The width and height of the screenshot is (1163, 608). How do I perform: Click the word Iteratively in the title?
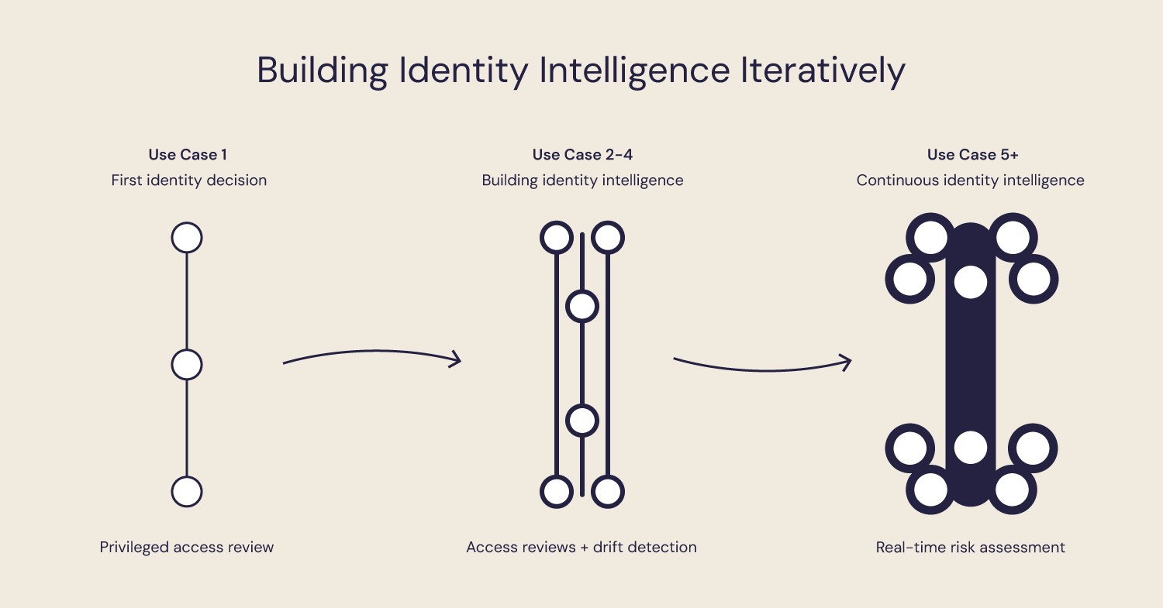click(823, 70)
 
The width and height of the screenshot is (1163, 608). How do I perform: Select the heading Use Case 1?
click(188, 155)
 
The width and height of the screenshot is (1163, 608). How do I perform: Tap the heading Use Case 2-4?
click(582, 155)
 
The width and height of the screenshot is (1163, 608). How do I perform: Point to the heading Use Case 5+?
click(972, 155)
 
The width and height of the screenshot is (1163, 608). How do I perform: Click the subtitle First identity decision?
click(188, 180)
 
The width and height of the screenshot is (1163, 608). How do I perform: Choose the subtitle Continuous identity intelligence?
click(970, 180)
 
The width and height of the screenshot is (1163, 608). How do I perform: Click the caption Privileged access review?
click(187, 548)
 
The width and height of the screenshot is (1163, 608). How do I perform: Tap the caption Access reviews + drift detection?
click(581, 548)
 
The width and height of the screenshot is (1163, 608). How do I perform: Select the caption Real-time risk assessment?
click(970, 548)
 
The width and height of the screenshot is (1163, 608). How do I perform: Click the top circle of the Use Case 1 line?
click(187, 237)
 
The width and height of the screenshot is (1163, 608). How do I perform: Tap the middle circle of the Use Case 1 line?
click(187, 364)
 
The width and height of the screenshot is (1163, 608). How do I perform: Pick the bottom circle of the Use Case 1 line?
click(187, 491)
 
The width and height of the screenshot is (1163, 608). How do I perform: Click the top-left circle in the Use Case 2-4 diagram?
click(557, 237)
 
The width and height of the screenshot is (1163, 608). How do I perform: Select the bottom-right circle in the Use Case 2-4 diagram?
click(607, 491)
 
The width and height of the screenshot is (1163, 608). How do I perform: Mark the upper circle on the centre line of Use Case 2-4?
click(582, 306)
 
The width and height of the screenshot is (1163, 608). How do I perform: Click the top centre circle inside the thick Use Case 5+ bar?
click(970, 282)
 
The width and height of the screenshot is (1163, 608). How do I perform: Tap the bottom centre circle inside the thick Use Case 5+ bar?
click(970, 448)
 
